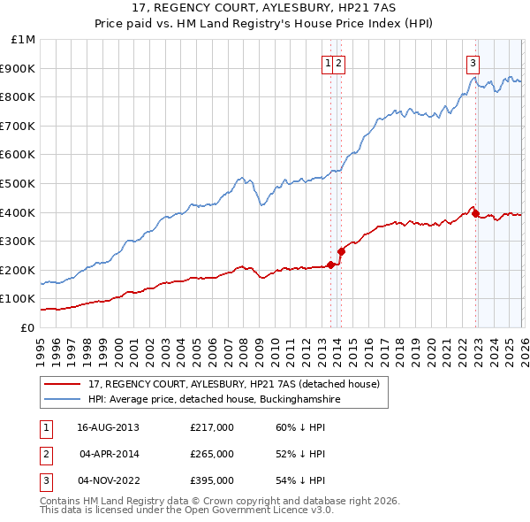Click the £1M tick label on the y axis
pos(23,40)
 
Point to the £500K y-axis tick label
pos(19,183)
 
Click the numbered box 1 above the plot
pos(328,63)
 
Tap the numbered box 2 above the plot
pos(339,63)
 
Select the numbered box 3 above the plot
pos(473,63)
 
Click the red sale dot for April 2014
pos(341,251)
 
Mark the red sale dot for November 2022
pos(475,213)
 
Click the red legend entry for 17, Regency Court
pos(234,384)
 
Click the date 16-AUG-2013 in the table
pos(108,427)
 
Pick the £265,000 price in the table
pos(212,454)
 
